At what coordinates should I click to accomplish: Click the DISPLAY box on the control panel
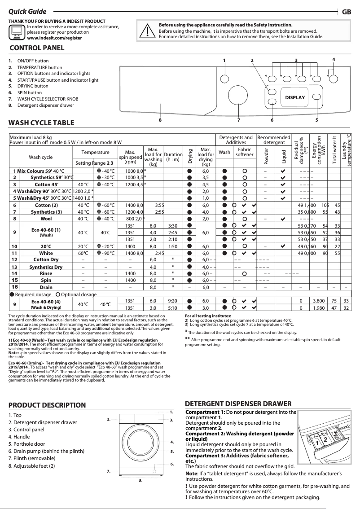tap(294, 97)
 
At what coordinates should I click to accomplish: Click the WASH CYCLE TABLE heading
tap(42, 123)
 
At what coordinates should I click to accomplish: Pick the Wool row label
tap(46, 219)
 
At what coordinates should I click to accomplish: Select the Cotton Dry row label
tap(46, 259)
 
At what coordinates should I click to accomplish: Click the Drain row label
tap(46, 287)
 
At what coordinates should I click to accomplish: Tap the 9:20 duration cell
tap(172, 300)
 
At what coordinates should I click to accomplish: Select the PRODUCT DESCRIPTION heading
tap(47, 405)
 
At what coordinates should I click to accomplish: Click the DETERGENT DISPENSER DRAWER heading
tap(238, 404)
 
